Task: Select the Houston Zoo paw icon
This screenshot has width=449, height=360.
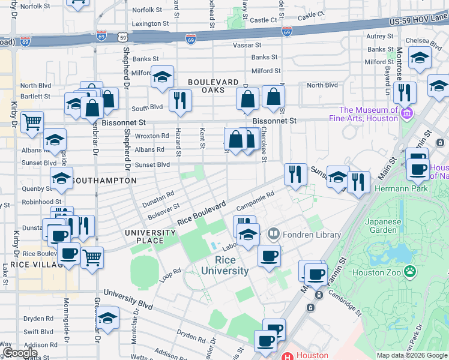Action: [410, 272]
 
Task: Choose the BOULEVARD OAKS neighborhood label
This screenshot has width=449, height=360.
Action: [206, 86]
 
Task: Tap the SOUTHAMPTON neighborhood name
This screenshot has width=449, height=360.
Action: [104, 180]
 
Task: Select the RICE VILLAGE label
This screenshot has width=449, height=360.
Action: [21, 265]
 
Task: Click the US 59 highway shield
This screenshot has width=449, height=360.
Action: [122, 37]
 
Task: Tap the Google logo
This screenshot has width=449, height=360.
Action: [20, 353]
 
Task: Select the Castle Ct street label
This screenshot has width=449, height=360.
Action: [264, 20]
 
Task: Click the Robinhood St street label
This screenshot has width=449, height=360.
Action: [42, 202]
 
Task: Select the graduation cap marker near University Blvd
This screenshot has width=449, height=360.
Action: [107, 319]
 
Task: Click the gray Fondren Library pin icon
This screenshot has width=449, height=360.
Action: [274, 233]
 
